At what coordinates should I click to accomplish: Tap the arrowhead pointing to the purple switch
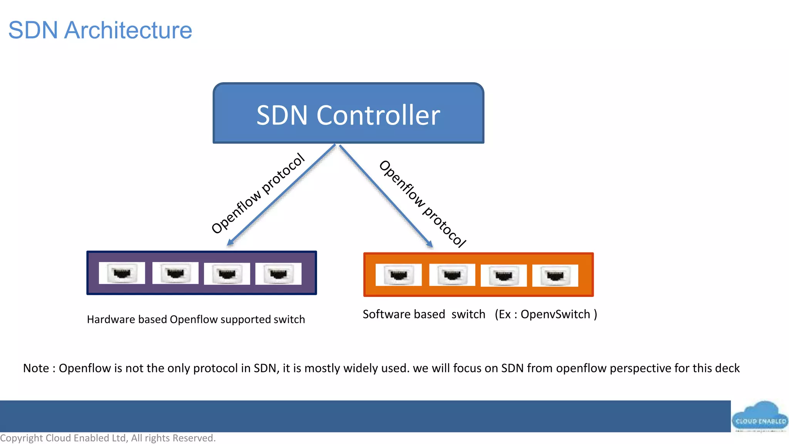pyautogui.click(x=230, y=242)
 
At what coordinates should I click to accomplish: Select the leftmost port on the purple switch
pyautogui.click(x=122, y=273)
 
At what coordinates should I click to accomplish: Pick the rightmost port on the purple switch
pyautogui.click(x=278, y=274)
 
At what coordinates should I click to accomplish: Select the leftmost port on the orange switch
pyautogui.click(x=398, y=275)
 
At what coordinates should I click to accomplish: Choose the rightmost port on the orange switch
pyautogui.click(x=555, y=276)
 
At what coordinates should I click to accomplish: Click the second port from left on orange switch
pyautogui.click(x=452, y=275)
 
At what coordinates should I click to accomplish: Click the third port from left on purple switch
pyautogui.click(x=227, y=274)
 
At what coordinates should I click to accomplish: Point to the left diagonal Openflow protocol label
pyautogui.click(x=258, y=193)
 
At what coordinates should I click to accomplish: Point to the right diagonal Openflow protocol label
pyautogui.click(x=423, y=203)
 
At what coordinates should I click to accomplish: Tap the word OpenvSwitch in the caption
pyautogui.click(x=555, y=314)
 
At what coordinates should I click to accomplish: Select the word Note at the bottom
pyautogui.click(x=36, y=368)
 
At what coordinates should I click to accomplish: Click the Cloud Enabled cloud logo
pyautogui.click(x=760, y=417)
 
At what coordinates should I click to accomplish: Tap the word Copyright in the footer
pyautogui.click(x=22, y=438)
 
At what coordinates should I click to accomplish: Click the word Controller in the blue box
pyautogui.click(x=378, y=115)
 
